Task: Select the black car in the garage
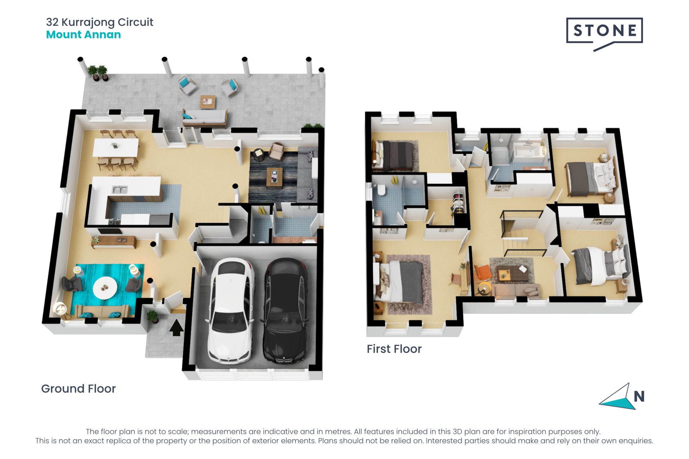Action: click(286, 311)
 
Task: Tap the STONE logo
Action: click(604, 34)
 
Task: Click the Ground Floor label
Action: click(79, 389)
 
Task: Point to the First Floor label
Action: click(394, 349)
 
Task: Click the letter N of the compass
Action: click(639, 396)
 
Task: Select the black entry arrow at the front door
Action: click(176, 328)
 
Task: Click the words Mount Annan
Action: click(83, 35)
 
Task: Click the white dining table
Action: click(116, 147)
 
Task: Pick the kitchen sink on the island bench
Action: click(119, 189)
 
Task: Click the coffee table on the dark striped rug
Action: click(275, 178)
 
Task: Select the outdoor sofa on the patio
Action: click(205, 118)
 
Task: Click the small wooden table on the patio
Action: click(208, 102)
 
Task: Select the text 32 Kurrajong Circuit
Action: click(100, 22)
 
